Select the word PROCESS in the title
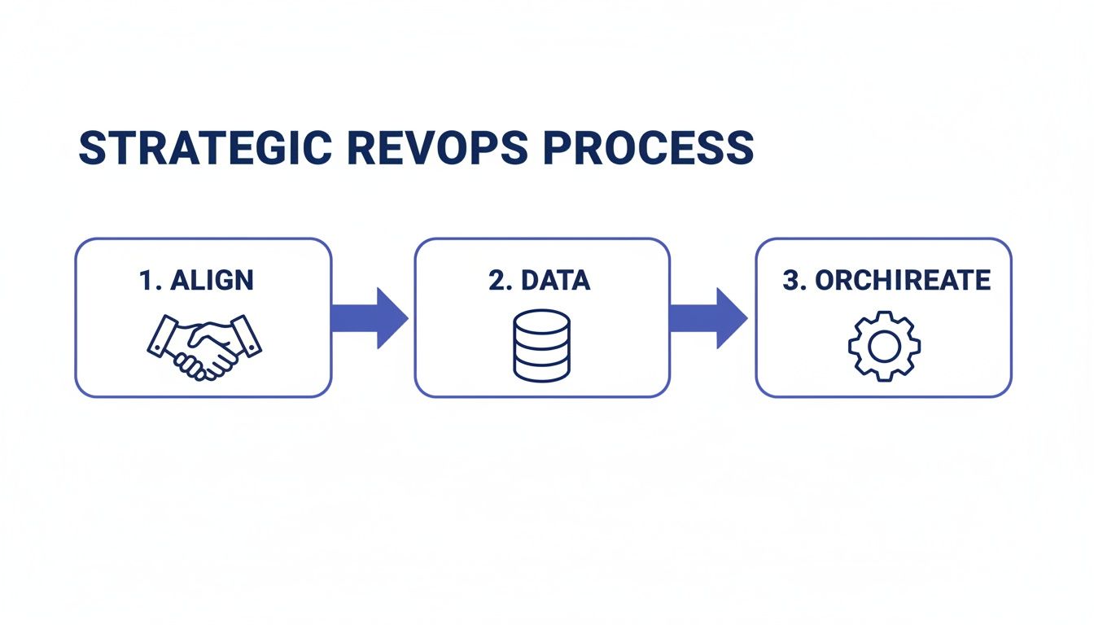tap(647, 150)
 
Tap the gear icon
tap(883, 347)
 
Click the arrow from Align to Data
tap(370, 317)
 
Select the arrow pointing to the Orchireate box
tap(708, 317)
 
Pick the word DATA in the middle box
tap(555, 281)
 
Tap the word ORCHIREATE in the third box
tap(903, 281)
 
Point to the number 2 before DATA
tap(497, 281)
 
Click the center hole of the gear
tap(883, 347)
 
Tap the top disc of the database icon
tap(541, 320)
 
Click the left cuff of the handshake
tap(160, 337)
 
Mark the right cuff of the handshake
tap(248, 335)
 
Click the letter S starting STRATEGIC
tap(90, 150)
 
